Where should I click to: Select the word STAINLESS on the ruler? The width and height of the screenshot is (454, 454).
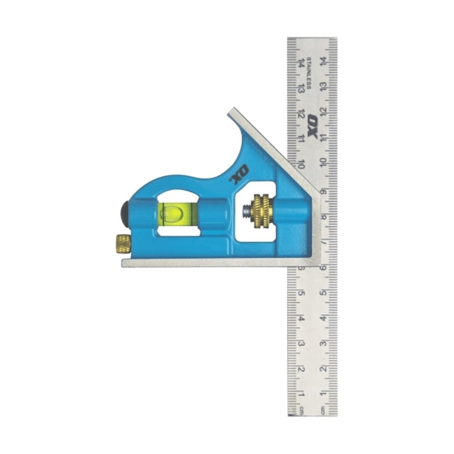point(309,73)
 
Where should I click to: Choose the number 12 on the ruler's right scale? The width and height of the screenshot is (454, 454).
point(323,111)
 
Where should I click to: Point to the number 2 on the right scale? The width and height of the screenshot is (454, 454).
point(323,370)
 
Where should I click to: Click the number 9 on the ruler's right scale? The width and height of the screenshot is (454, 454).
point(323,191)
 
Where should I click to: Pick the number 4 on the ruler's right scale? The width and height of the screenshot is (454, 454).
point(323,318)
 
